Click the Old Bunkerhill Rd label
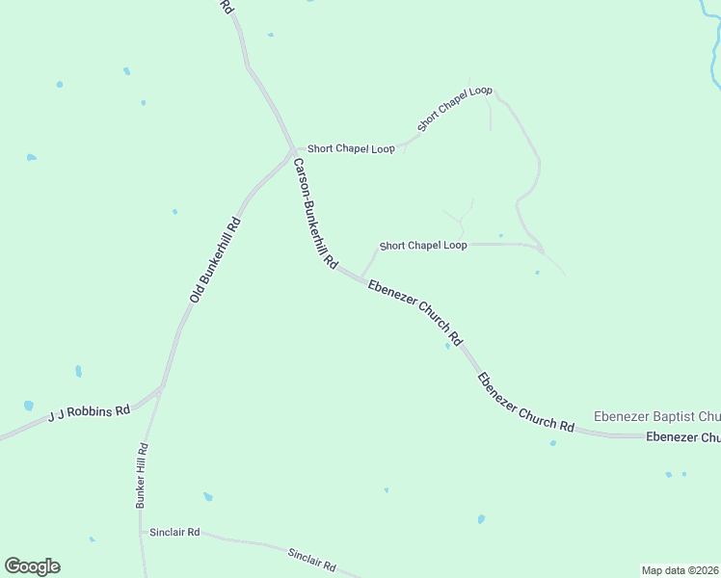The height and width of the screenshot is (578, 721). pos(215,260)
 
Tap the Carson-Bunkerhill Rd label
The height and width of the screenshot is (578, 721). pos(315,213)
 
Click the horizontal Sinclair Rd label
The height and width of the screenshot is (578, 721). pos(174,532)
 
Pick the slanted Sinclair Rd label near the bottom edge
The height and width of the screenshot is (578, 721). pos(311,558)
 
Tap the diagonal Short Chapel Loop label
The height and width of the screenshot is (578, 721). pos(454,108)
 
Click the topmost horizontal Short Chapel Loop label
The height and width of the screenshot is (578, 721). pos(351,149)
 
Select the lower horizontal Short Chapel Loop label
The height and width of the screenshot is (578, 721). pos(423,246)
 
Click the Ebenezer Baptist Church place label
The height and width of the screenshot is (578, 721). pos(656,416)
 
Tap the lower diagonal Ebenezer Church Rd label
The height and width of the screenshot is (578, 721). pos(525,402)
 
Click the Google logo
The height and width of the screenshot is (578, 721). pos(32,566)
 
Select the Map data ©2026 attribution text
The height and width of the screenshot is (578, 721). pos(681,569)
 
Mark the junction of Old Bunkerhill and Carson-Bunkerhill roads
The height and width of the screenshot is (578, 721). pos(293,151)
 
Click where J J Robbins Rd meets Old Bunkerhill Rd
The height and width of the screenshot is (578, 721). pos(161,387)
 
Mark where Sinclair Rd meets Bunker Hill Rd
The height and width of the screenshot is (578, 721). pos(142,531)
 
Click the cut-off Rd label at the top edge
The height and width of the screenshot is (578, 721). pos(227,6)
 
